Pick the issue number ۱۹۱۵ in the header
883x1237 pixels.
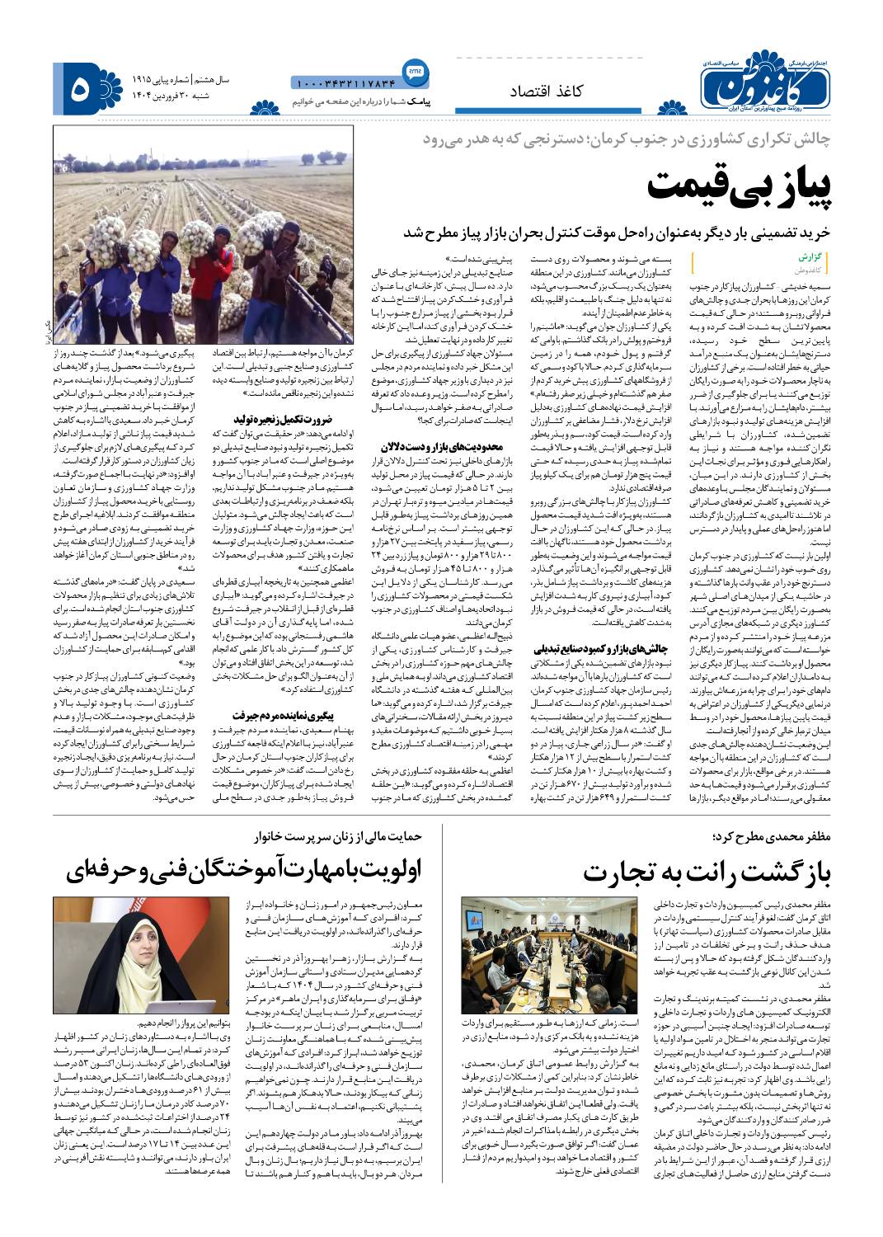coord(146,79)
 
